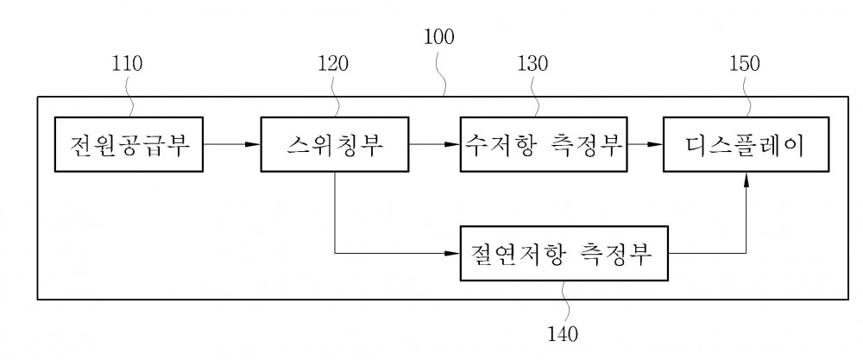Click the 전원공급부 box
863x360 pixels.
point(129,144)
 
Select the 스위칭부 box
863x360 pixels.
point(335,144)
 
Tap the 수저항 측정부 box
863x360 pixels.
point(544,144)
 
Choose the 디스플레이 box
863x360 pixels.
point(746,144)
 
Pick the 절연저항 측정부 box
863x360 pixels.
point(564,253)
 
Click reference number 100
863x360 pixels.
point(438,37)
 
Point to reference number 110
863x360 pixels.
point(127,64)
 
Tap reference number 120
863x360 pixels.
point(333,64)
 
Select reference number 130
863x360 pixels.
point(532,64)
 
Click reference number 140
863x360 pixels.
point(563,333)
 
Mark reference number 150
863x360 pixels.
point(745,64)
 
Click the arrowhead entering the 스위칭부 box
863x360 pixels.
point(253,144)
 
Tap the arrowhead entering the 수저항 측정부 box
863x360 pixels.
point(453,144)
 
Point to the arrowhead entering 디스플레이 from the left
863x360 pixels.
point(656,144)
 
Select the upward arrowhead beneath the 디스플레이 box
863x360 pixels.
point(746,180)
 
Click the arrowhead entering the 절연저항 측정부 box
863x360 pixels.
point(453,253)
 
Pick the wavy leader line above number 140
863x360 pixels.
point(564,302)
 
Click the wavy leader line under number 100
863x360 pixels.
point(440,73)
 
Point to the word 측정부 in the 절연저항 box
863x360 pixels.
point(616,254)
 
